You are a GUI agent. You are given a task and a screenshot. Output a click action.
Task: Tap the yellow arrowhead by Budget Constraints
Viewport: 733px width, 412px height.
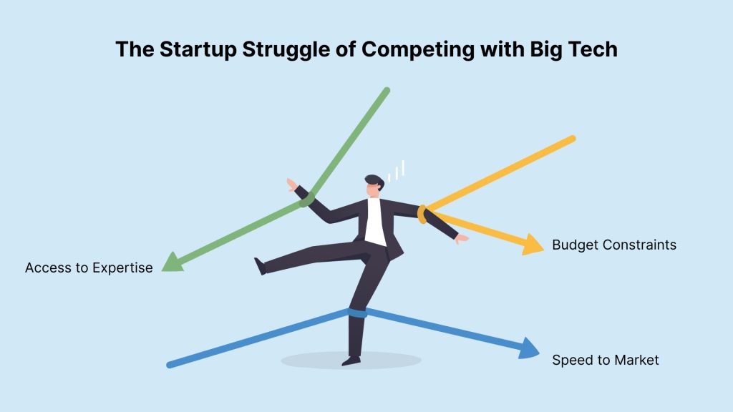(x=533, y=244)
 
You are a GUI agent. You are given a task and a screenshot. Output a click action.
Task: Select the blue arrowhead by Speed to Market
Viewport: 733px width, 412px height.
(x=529, y=348)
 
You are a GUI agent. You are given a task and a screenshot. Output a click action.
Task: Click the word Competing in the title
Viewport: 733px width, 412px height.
(x=418, y=50)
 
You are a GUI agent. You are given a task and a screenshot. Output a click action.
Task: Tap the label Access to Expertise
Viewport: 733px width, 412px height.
(x=89, y=268)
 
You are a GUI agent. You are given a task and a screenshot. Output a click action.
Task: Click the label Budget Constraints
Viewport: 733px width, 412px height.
(x=613, y=245)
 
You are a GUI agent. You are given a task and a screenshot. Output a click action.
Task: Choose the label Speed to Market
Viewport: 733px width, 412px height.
(x=606, y=360)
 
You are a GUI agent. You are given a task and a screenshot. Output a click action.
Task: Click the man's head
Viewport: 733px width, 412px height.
(x=374, y=186)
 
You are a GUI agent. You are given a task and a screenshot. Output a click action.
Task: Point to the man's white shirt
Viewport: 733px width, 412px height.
(x=374, y=222)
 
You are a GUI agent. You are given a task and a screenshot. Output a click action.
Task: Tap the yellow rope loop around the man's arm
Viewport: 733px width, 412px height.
(x=422, y=215)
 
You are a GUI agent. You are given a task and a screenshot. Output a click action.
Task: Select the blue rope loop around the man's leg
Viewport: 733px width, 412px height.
(x=357, y=313)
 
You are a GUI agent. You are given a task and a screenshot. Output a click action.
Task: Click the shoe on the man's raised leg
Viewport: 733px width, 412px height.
(x=260, y=266)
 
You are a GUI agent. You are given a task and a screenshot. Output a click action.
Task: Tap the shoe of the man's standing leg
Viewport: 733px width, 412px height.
(x=351, y=360)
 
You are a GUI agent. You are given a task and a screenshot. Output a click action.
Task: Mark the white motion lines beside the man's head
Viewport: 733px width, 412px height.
(x=397, y=171)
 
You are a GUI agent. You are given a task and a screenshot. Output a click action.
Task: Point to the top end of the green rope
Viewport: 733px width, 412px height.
(x=387, y=90)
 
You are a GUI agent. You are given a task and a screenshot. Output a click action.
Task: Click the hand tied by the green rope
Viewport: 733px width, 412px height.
(x=292, y=185)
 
